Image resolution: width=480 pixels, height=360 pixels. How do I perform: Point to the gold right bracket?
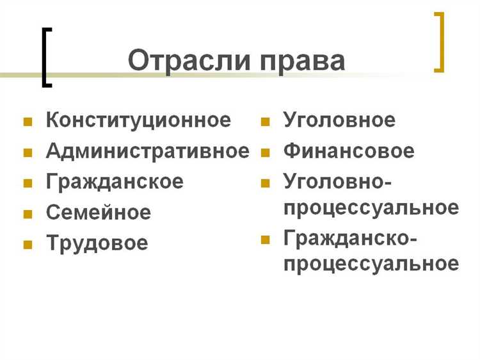pyautogui.click(x=439, y=42)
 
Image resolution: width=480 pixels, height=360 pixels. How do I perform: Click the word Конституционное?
pyautogui.click(x=138, y=120)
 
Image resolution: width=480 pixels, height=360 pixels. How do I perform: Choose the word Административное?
pyautogui.click(x=147, y=151)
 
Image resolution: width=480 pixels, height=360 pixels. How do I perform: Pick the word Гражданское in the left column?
pyautogui.click(x=115, y=181)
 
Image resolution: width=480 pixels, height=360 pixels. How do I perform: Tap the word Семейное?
pyautogui.click(x=99, y=212)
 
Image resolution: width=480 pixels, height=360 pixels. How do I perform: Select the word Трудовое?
pyautogui.click(x=97, y=243)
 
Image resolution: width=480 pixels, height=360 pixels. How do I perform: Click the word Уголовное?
pyautogui.click(x=339, y=120)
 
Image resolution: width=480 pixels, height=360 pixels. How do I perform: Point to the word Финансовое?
pyautogui.click(x=349, y=151)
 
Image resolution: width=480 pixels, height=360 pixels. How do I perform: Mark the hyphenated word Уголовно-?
pyautogui.click(x=337, y=181)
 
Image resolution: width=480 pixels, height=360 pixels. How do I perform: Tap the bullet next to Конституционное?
pyautogui.click(x=28, y=121)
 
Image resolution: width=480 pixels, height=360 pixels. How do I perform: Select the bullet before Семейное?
pyautogui.click(x=28, y=213)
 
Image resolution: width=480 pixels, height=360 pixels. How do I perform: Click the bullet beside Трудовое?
pyautogui.click(x=28, y=244)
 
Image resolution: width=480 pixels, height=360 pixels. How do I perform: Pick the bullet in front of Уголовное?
pyautogui.click(x=266, y=121)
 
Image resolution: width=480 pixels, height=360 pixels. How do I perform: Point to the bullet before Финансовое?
pyautogui.click(x=266, y=152)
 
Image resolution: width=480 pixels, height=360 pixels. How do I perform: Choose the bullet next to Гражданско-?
pyautogui.click(x=266, y=240)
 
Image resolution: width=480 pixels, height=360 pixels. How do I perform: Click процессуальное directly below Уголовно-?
pyautogui.click(x=371, y=208)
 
